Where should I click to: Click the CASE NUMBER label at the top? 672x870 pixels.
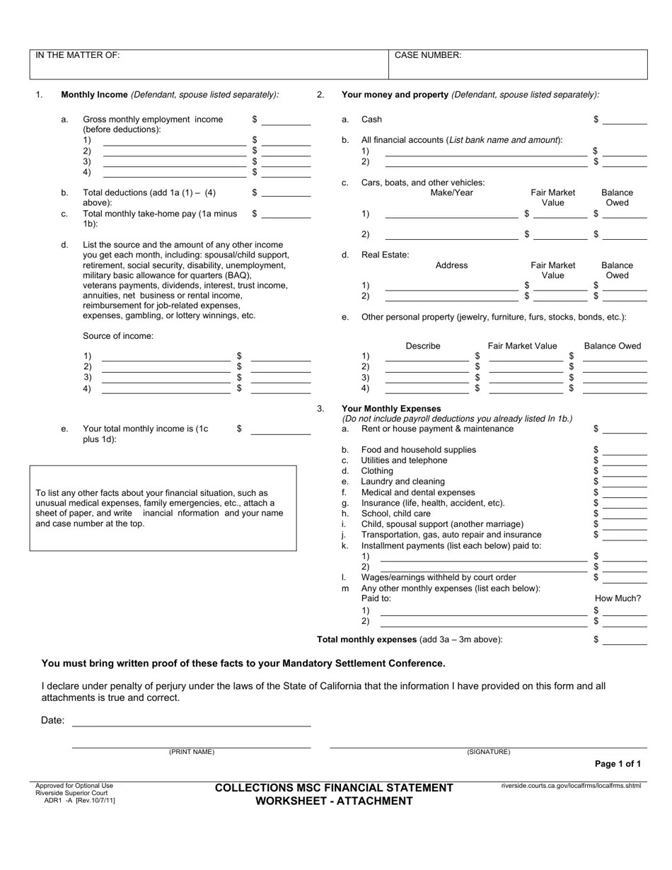tap(428, 55)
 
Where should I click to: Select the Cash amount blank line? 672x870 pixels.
tap(624, 120)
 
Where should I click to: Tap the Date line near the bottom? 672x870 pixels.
tap(191, 721)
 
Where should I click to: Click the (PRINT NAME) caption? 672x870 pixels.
tap(191, 752)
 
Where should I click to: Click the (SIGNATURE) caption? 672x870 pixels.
tap(488, 752)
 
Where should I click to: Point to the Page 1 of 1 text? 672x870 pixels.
tap(618, 764)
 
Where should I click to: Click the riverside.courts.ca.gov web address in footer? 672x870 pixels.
tap(571, 786)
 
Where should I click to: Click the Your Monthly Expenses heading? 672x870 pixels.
tap(391, 409)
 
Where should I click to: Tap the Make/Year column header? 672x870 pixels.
tap(451, 192)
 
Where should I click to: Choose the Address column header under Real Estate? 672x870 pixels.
tap(451, 265)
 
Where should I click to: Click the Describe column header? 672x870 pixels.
tap(423, 346)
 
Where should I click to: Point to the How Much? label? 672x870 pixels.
tap(618, 598)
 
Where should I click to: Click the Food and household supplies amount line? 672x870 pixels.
tap(624, 451)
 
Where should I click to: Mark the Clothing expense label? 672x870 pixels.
tap(377, 471)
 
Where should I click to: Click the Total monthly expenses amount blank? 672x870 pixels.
tap(624, 640)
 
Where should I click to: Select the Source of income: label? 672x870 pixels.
tap(118, 336)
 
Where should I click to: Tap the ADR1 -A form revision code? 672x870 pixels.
tap(79, 800)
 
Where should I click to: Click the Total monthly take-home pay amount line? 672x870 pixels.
tap(286, 214)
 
